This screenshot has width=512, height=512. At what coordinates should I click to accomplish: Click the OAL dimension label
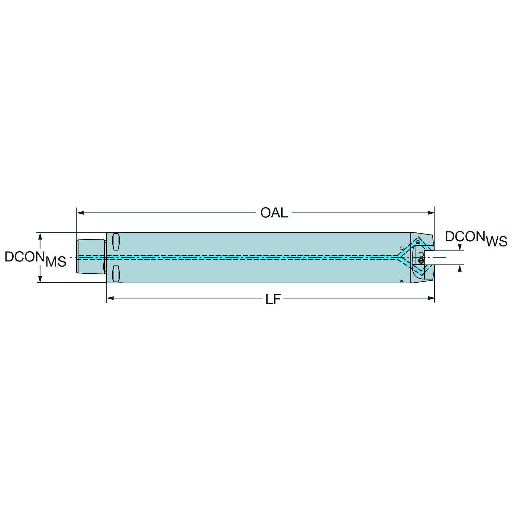[274, 213]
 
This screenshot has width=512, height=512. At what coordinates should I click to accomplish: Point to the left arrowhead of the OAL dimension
[80, 213]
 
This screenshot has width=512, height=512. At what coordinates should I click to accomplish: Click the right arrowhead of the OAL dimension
[430, 213]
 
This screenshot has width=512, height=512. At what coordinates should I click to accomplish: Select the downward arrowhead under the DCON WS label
[460, 247]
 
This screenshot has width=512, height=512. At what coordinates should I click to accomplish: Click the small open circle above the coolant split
[401, 248]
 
